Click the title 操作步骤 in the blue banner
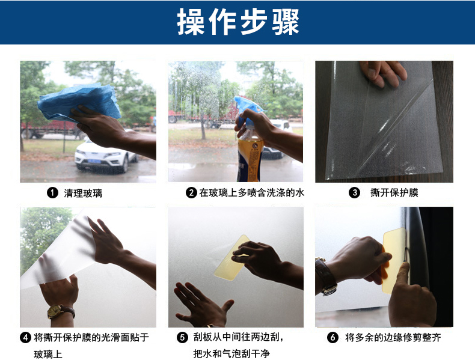(x=238, y=22)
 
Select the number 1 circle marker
(x=52, y=193)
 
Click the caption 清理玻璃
(x=83, y=193)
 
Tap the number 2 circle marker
(x=191, y=192)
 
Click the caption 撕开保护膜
(x=394, y=192)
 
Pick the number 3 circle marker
(x=354, y=192)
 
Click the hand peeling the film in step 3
(x=382, y=73)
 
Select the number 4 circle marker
(x=25, y=338)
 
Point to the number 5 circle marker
(x=182, y=337)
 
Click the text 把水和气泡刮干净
(x=231, y=353)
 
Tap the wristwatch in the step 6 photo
(x=326, y=276)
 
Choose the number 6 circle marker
(x=332, y=337)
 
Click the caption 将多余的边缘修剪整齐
(x=393, y=337)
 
